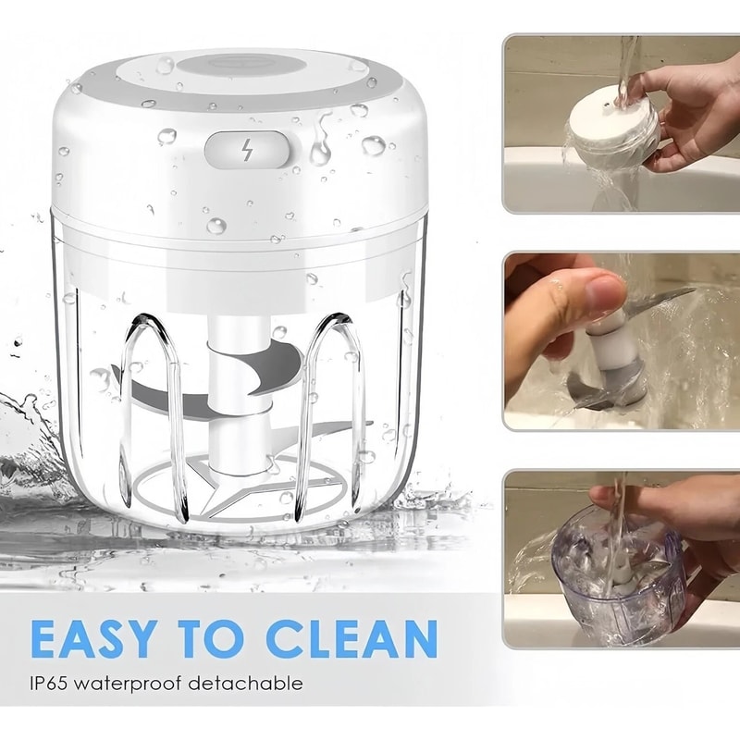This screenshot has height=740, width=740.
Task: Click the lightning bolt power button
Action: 247,151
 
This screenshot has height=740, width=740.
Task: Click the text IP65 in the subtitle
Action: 49,683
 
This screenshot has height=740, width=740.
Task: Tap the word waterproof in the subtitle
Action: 128,684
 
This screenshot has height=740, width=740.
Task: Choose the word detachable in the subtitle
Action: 245,683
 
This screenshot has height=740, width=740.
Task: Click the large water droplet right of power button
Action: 374,145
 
